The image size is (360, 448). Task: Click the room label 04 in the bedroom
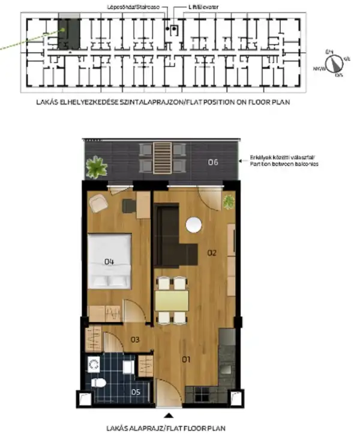pos(109,261)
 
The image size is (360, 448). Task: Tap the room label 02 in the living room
pos(211,253)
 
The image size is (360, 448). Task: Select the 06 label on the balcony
pos(213,162)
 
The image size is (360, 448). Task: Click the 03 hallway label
pos(135,340)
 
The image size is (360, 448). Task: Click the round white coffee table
pos(194,225)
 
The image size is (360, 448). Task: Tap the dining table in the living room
pos(172,300)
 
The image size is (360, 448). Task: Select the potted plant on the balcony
pos(96,166)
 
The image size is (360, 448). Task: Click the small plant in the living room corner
pos(229,202)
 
